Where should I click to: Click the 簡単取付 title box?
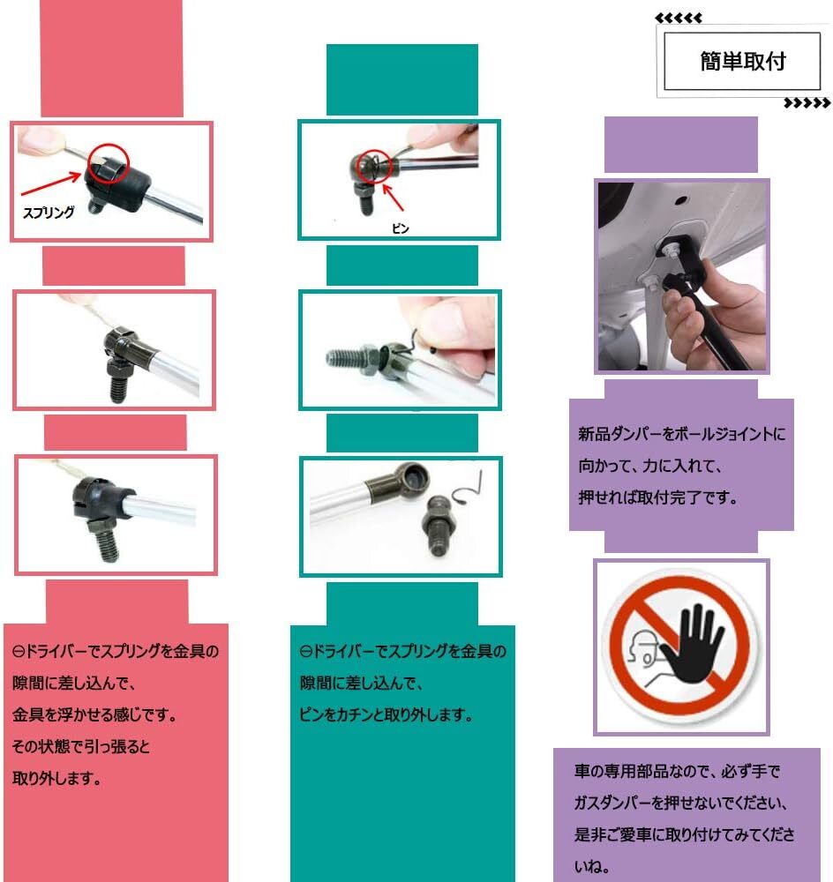point(742,61)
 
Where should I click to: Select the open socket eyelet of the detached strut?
point(409,483)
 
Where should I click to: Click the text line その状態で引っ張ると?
point(81,746)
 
